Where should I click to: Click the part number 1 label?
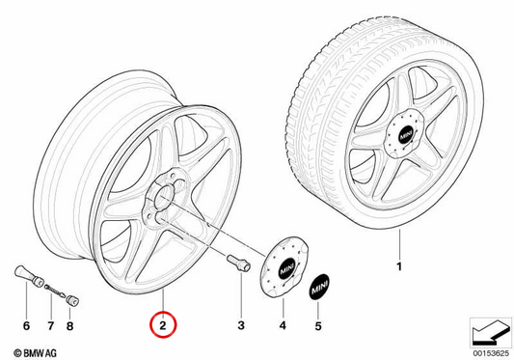[399, 266]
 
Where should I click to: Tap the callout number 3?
[241, 325]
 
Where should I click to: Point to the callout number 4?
[283, 325]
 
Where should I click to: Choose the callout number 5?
[318, 326]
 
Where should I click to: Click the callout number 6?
[27, 326]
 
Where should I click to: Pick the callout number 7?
[50, 326]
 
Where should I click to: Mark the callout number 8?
[69, 326]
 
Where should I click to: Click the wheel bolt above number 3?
[238, 263]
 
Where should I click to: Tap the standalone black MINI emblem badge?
[319, 287]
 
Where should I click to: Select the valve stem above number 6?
[30, 276]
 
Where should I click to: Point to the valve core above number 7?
[55, 291]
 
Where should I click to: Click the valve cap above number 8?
[72, 300]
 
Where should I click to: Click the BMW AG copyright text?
[36, 353]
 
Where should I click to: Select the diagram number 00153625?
[491, 354]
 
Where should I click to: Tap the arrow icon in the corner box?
[491, 333]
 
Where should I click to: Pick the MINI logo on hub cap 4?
[286, 270]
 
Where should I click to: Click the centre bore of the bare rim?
[163, 195]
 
